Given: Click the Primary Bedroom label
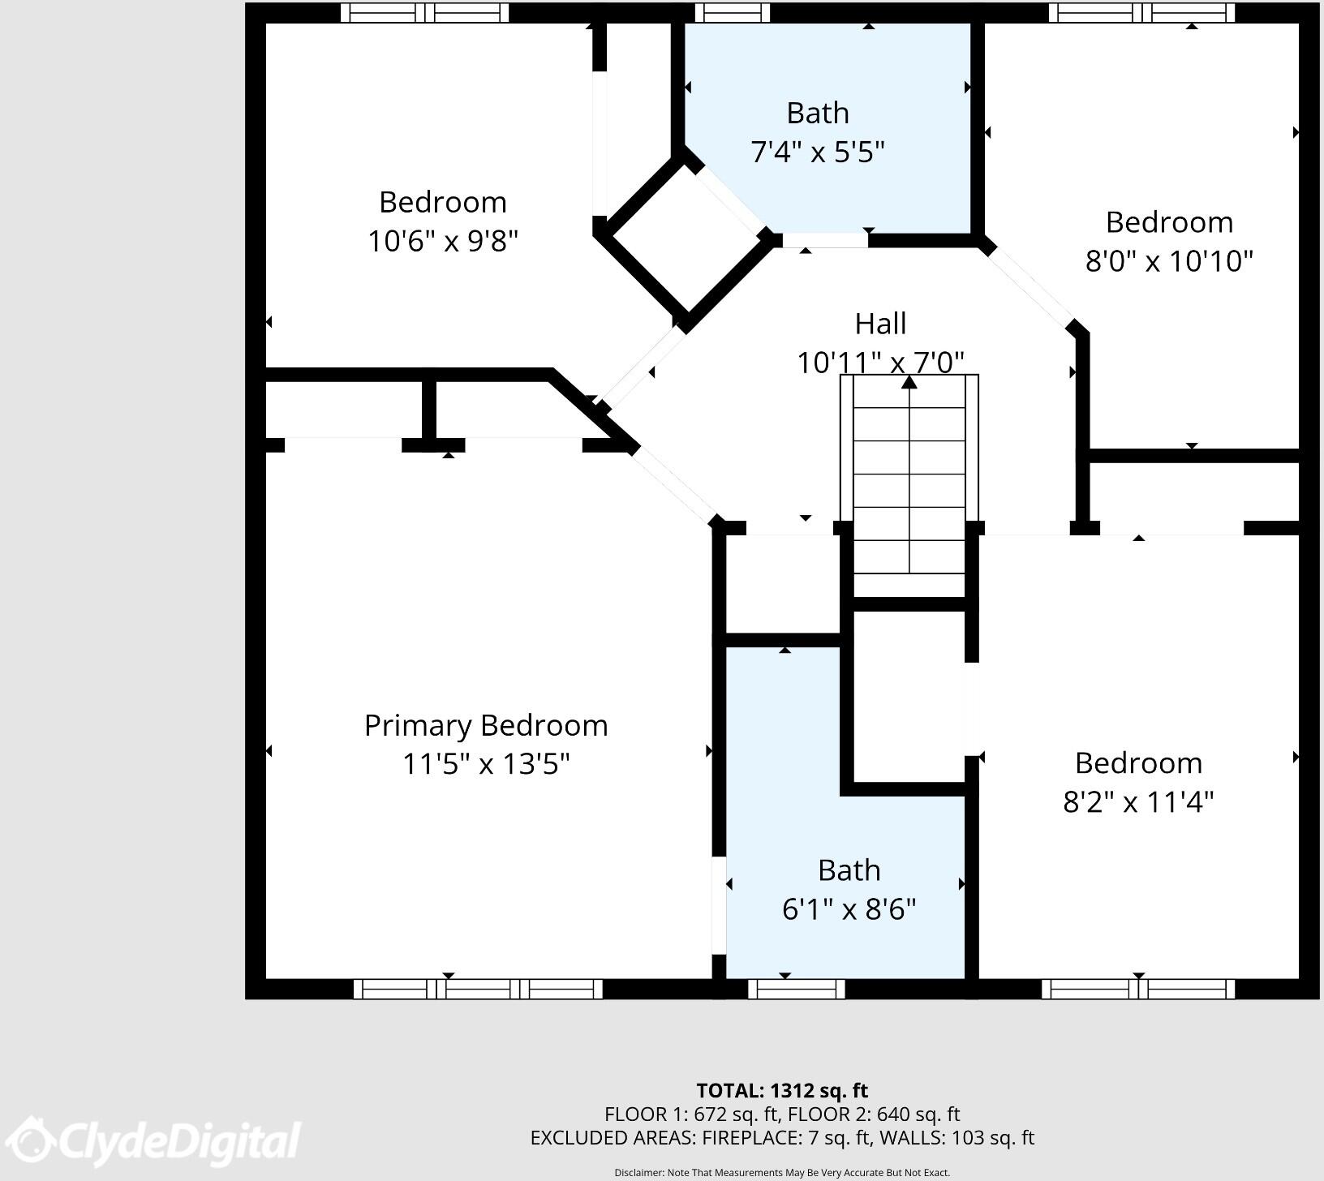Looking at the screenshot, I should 486,725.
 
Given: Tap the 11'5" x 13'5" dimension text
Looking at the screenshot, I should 486,764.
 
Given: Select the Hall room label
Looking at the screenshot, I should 880,324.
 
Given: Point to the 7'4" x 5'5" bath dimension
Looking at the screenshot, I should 817,152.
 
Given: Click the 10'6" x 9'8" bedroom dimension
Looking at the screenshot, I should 442,241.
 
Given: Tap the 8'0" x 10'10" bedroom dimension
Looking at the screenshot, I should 1169,261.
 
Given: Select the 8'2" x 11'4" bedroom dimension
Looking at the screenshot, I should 1138,802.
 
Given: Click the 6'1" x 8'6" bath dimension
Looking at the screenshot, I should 849,909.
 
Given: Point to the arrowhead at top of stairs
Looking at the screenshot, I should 909,381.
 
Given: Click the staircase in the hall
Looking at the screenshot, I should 909,487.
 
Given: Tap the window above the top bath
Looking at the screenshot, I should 732,12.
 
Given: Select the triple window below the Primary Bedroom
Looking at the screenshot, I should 478,989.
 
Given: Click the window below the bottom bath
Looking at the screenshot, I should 796,989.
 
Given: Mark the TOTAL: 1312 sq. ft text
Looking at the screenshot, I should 782,1090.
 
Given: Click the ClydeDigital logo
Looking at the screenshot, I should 158,1144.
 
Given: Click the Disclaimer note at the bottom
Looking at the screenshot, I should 782,1172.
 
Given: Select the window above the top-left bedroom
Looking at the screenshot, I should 424,12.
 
